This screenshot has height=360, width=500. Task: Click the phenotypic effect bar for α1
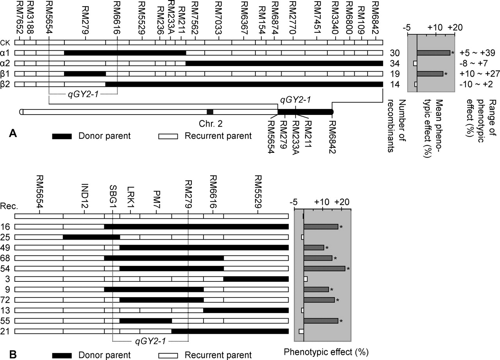click(433, 53)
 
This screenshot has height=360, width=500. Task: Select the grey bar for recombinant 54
click(324, 269)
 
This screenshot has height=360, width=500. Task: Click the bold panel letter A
click(12, 134)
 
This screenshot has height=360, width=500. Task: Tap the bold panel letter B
click(12, 354)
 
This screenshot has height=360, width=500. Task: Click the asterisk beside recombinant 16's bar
click(341, 227)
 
